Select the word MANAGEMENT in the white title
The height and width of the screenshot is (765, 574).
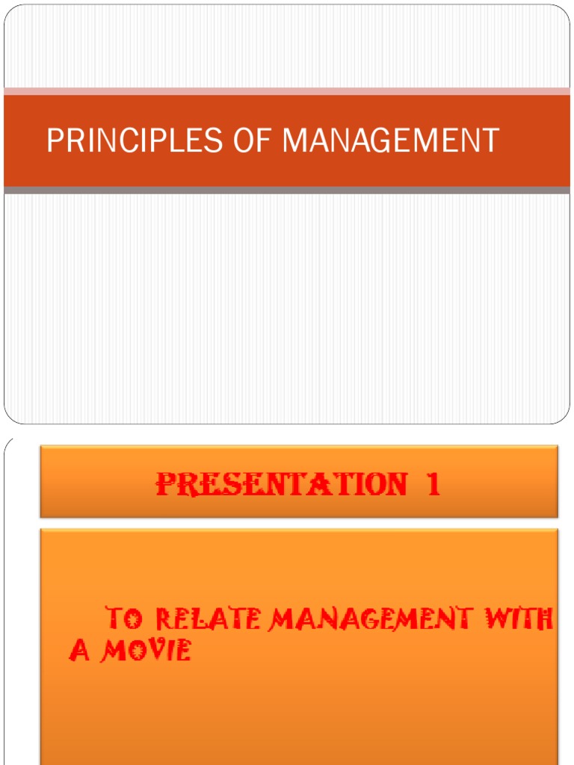pyautogui.click(x=391, y=141)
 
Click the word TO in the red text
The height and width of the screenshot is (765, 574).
pyautogui.click(x=123, y=619)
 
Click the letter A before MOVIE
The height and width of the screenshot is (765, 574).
pyautogui.click(x=79, y=651)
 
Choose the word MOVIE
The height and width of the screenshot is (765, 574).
pyautogui.click(x=146, y=651)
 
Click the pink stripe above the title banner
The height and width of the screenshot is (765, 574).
pyautogui.click(x=287, y=91)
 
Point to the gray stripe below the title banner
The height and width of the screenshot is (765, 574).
pyautogui.click(x=287, y=191)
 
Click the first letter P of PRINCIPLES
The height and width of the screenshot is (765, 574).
pyautogui.click(x=54, y=141)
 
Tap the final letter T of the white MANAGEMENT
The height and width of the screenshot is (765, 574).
pyautogui.click(x=491, y=141)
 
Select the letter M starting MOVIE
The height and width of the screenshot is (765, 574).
pyautogui.click(x=114, y=651)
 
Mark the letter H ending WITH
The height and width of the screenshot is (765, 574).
pyautogui.click(x=544, y=619)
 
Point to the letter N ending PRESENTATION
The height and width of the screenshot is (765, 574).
pyautogui.click(x=395, y=485)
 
